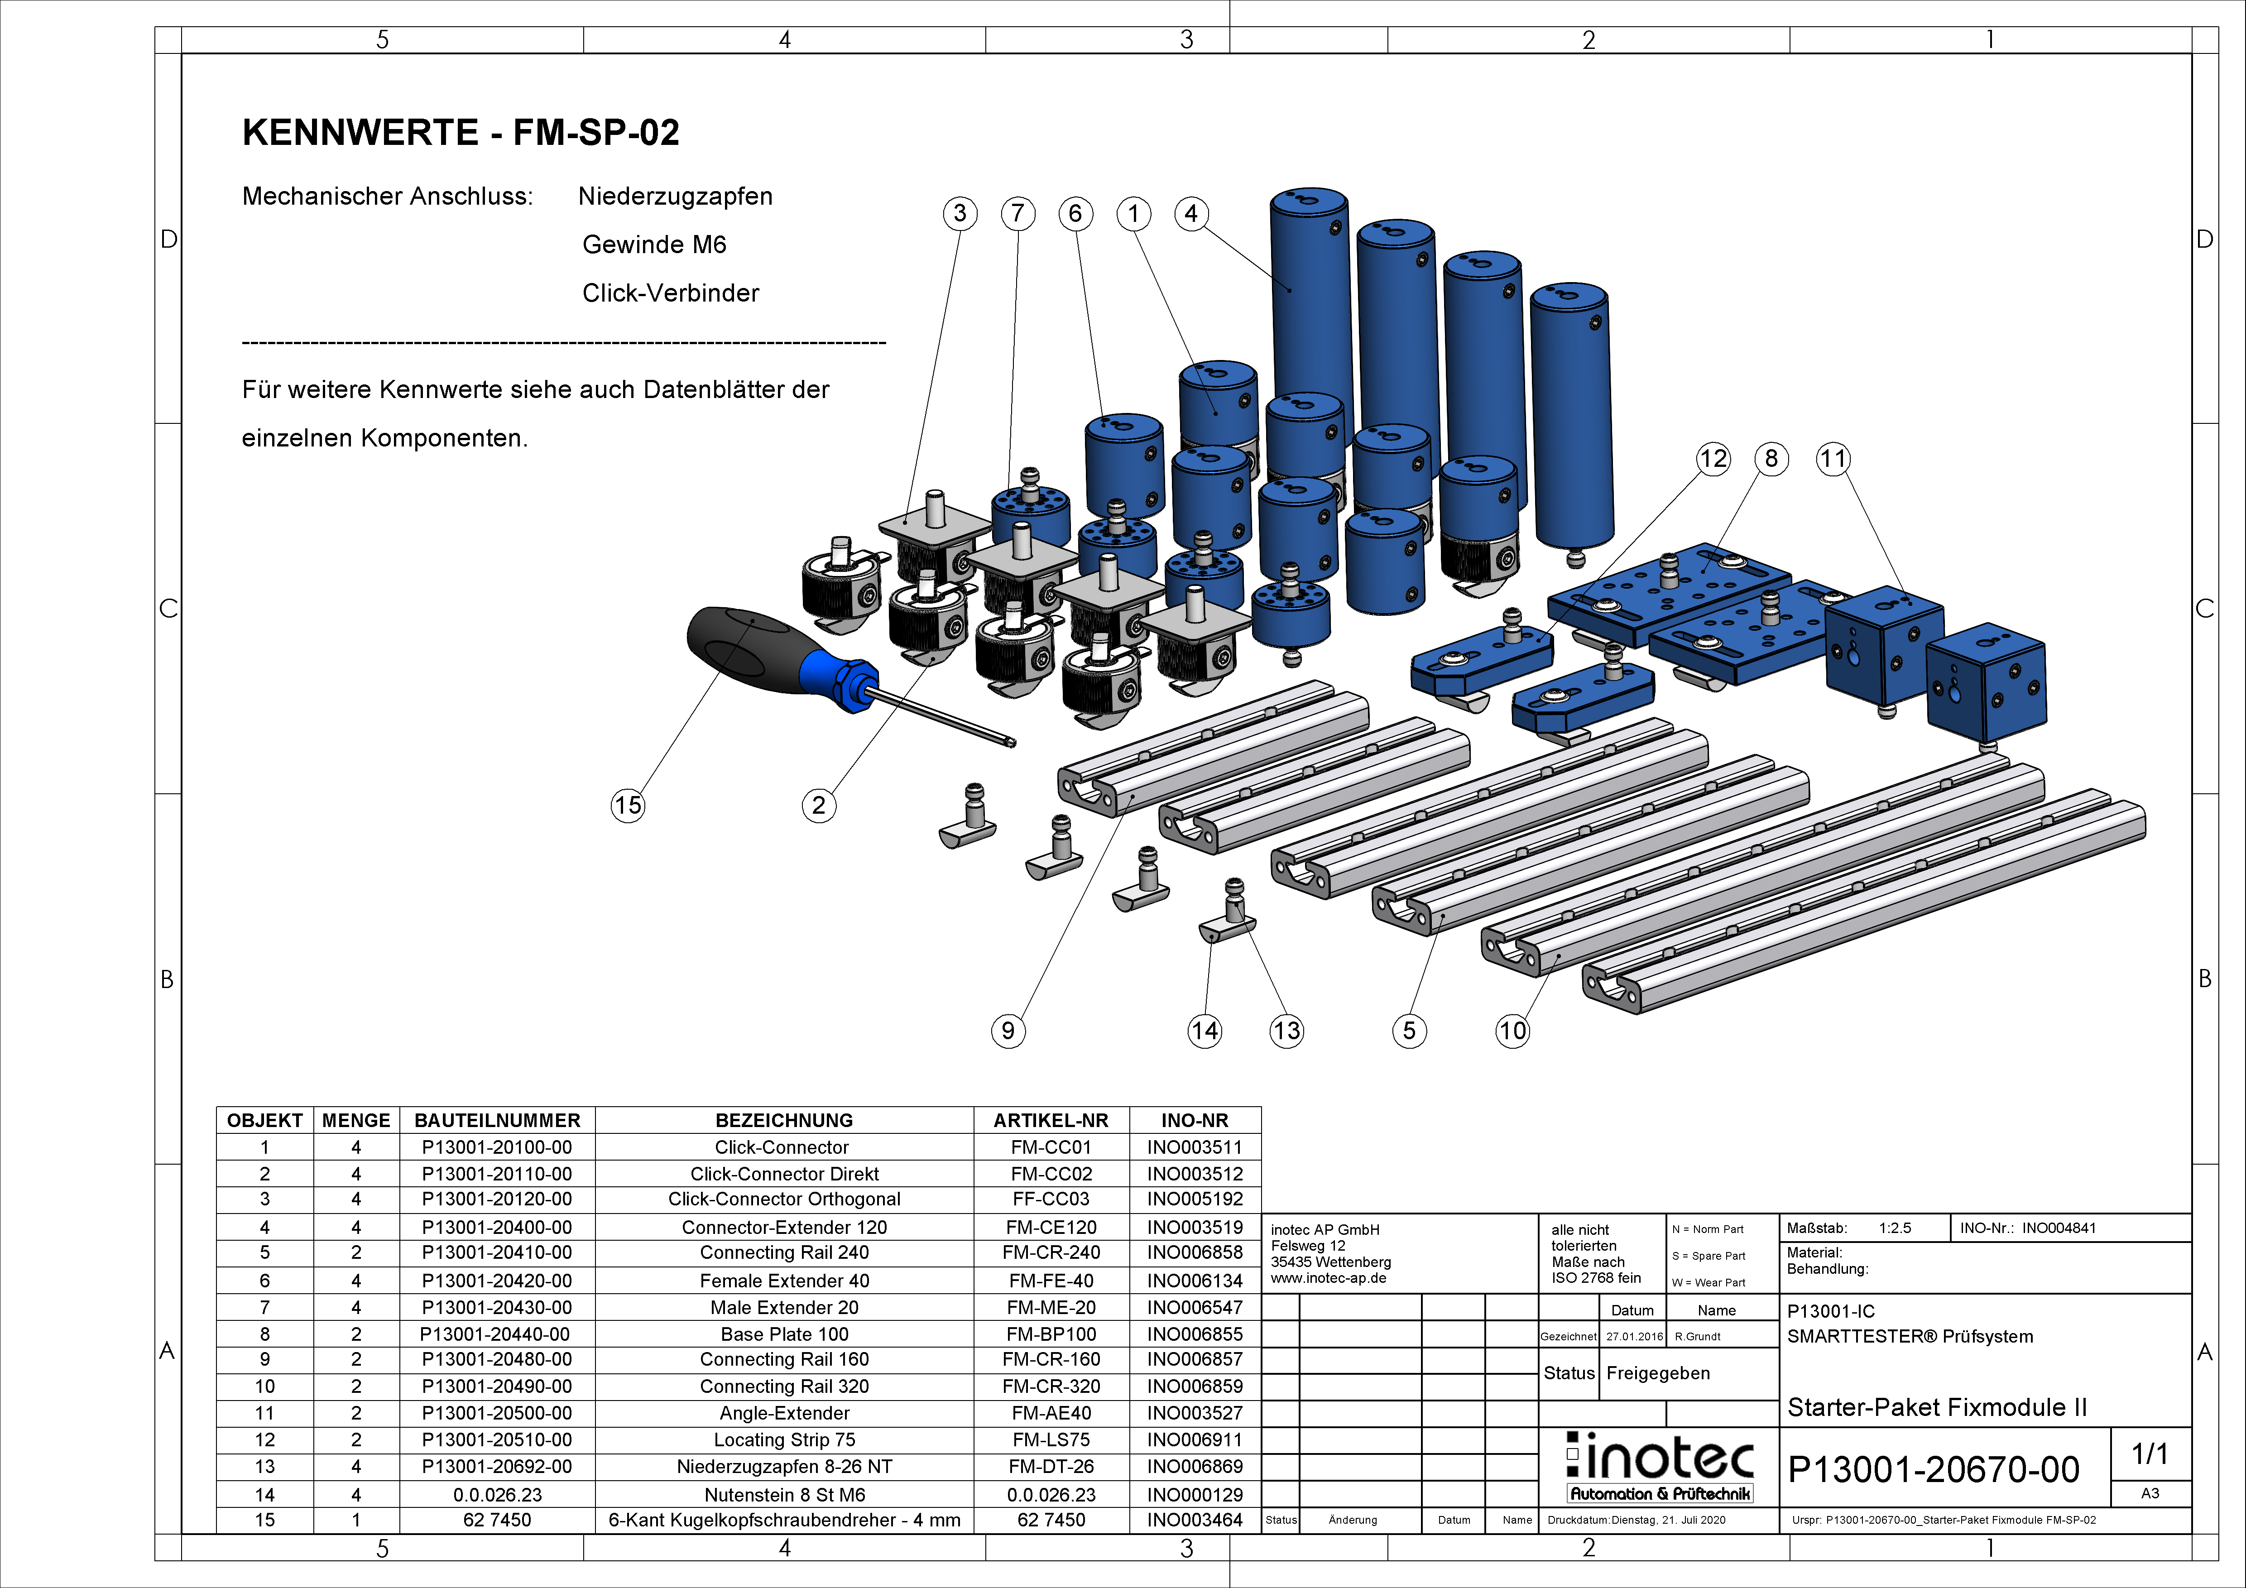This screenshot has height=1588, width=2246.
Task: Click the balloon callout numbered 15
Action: click(x=628, y=805)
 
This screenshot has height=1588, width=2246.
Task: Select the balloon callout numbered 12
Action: click(x=1713, y=459)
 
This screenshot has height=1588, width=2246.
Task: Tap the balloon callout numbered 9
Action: click(x=1008, y=1030)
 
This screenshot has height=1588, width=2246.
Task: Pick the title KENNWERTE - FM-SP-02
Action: click(x=461, y=132)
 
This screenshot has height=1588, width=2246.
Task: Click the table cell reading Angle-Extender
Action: click(x=785, y=1413)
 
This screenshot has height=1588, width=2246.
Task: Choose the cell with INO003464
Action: click(x=1195, y=1520)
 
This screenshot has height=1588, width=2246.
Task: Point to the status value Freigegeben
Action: click(x=1658, y=1373)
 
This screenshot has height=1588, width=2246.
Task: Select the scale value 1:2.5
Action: click(x=1895, y=1228)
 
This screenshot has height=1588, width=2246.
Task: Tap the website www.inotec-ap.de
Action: click(x=1329, y=1278)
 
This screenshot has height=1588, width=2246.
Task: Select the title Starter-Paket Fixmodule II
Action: click(x=1937, y=1407)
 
